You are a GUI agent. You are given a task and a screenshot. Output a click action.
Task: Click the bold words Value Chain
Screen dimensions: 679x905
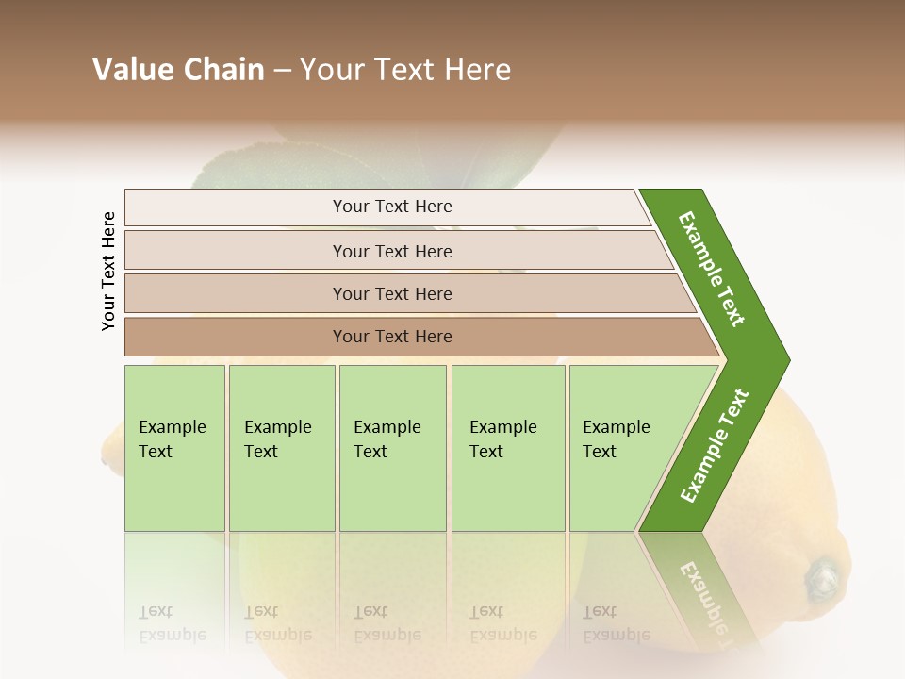point(178,70)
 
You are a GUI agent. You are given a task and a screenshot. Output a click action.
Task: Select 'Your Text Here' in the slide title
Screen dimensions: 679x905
point(405,70)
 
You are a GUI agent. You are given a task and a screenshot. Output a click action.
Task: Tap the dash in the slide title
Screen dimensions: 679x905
point(282,71)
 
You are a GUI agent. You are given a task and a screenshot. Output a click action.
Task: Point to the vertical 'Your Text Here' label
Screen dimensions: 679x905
point(108,271)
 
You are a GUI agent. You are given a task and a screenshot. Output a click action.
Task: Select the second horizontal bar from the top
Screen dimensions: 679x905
point(392,251)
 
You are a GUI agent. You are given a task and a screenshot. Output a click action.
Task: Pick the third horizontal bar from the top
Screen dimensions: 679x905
point(392,293)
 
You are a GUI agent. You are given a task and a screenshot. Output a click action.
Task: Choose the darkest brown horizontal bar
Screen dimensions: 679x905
point(392,337)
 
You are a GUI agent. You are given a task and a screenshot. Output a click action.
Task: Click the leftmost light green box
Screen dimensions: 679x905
point(174,448)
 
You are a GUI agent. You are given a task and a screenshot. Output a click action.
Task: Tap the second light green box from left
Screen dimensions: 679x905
point(282,448)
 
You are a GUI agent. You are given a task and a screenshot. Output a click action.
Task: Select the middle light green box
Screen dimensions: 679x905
point(392,448)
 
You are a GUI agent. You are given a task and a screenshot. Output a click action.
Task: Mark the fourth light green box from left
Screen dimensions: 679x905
point(508,448)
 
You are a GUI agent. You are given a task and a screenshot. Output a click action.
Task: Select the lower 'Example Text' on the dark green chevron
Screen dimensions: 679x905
point(715,446)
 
